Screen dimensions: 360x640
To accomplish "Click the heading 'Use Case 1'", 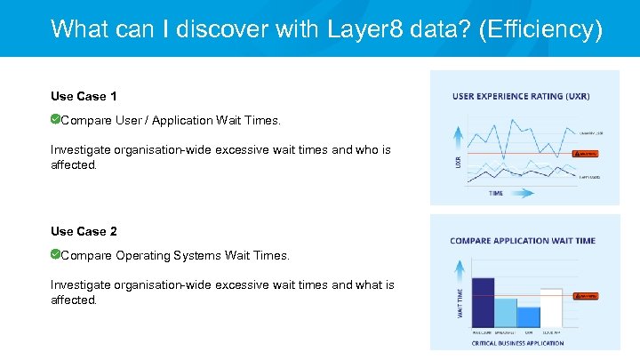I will tap(84, 96).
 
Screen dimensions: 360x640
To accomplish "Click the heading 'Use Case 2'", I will tap(84, 231).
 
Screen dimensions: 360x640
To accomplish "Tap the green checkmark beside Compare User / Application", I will tap(55, 119).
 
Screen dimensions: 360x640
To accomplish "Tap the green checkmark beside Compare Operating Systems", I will tap(55, 255).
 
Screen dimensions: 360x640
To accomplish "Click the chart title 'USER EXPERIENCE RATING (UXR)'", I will tap(521, 96).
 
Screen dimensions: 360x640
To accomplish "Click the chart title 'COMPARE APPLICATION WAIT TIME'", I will tap(523, 240).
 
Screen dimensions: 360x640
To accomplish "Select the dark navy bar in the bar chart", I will tap(483, 302).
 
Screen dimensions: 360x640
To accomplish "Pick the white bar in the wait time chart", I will tap(551, 308).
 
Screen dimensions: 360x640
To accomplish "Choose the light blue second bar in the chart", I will tap(506, 313).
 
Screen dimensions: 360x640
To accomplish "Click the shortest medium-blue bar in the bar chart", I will tap(528, 317).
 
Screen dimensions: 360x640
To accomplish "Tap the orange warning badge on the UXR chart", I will tap(584, 154).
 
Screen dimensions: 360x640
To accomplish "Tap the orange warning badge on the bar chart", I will tap(584, 295).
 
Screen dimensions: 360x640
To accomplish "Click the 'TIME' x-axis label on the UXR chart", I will tap(496, 193).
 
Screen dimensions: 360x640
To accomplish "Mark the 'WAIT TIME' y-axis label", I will tap(460, 302).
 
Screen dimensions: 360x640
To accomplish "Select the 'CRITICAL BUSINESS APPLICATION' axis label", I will tap(519, 342).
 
